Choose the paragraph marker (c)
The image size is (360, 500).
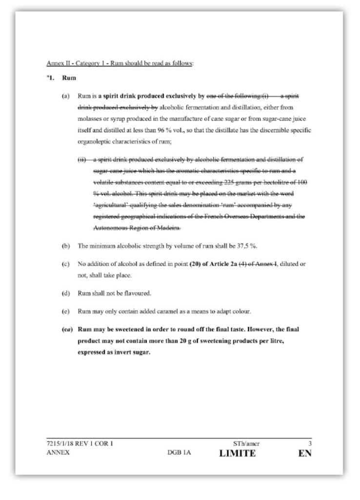click(x=65, y=264)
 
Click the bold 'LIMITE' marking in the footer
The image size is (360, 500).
click(x=237, y=453)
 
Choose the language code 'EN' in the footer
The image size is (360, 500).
click(x=305, y=453)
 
